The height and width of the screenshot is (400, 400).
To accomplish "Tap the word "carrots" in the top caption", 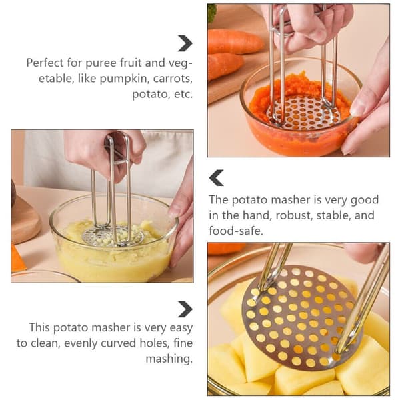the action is point(173,79).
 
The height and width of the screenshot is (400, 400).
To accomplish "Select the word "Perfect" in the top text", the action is point(45,63).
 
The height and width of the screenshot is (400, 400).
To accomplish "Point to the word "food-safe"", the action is point(235,231).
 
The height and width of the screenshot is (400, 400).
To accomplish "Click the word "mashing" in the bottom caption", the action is point(169,359).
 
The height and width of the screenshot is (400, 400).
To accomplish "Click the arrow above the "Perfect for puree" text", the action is point(185,43).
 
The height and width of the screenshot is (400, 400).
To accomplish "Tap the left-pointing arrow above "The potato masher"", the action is point(216,177).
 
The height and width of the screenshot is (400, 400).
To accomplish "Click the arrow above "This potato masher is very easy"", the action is point(185,309).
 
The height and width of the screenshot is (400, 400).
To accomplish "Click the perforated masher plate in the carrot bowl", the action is point(303,112).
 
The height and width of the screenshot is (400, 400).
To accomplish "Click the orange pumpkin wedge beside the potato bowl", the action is point(18,257).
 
